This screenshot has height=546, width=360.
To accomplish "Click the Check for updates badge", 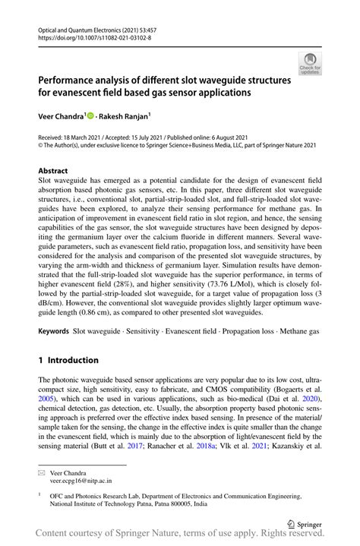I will pyautogui.click(x=310, y=64).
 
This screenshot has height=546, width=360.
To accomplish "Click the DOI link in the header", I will pyautogui.click(x=93, y=37).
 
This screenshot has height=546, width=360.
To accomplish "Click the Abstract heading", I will pyautogui.click(x=54, y=171).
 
